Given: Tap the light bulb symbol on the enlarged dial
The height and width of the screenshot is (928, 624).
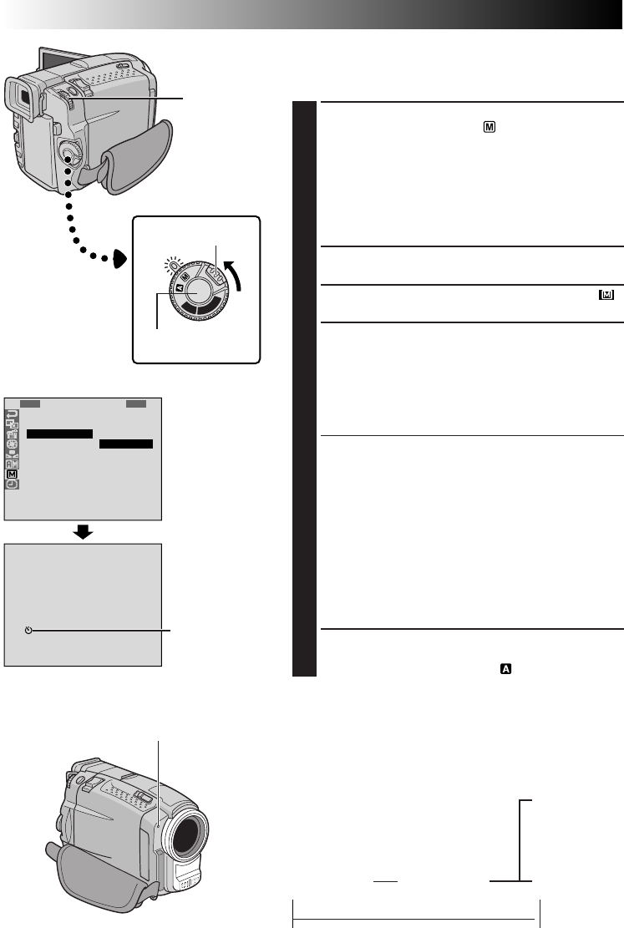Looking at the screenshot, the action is [172, 265].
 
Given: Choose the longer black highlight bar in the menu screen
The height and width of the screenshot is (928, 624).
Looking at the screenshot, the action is [58, 434].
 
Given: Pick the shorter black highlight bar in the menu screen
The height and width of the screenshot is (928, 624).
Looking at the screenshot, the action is [126, 444].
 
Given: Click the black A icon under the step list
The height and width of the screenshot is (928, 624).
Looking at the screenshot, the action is [505, 668].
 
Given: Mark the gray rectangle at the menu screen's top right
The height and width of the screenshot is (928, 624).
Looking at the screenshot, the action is [136, 403].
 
